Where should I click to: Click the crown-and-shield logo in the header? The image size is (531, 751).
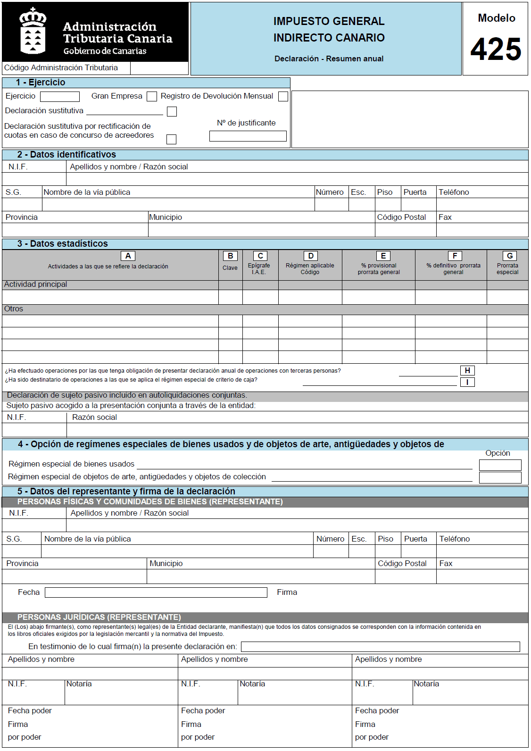33,32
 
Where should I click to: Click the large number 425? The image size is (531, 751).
496,49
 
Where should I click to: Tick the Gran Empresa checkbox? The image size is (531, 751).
152,96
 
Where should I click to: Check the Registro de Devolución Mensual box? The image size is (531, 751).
283,96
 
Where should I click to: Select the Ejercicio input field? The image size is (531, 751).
60,96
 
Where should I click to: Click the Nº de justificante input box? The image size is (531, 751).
248,136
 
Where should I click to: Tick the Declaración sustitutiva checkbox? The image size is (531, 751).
172,111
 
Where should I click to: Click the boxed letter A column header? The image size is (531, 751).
128,256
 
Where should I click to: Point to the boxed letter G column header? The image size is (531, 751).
510,256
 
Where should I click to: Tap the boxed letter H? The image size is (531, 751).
467,370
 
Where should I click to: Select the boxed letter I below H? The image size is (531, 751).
467,382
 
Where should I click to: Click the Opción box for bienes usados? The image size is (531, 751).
500,465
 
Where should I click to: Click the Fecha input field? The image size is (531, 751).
156,592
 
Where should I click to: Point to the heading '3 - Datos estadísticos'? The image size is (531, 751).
63,244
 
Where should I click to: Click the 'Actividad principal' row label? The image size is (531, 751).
36,284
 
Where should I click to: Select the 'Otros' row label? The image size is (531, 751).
14,309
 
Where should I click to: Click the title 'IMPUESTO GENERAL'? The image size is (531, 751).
329,21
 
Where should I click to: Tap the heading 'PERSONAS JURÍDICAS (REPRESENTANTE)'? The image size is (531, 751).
99,617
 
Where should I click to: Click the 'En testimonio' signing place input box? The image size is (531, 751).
380,647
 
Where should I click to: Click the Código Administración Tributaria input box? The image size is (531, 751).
159,68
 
